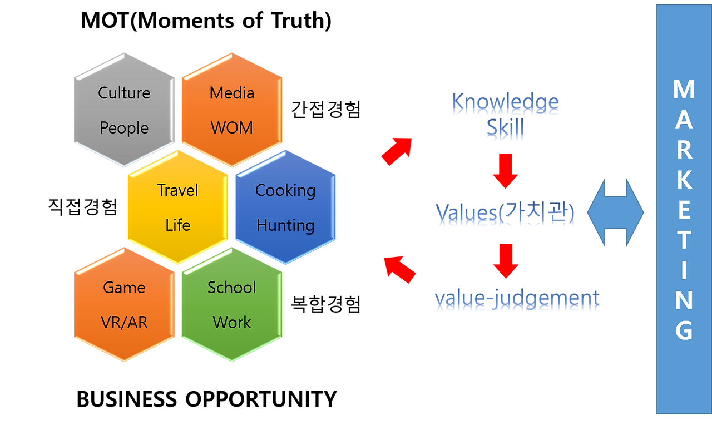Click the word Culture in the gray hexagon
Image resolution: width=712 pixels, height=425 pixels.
tap(124, 93)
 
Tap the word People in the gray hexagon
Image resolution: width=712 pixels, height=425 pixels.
tap(124, 129)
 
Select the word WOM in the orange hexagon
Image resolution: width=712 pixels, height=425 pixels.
tap(231, 128)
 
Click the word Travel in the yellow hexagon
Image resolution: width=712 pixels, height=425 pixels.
tap(177, 190)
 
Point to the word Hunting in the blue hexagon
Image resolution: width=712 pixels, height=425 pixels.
tap(285, 225)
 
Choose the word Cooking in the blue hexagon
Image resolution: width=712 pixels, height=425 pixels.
tap(285, 190)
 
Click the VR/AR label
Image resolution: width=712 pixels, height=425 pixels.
tap(124, 323)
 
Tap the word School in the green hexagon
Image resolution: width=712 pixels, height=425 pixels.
tap(231, 288)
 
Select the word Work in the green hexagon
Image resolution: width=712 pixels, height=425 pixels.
tap(231, 323)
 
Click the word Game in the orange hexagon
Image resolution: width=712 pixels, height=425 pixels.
tap(124, 288)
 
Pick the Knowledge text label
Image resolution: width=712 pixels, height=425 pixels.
tap(505, 103)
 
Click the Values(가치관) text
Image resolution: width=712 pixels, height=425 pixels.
tap(505, 214)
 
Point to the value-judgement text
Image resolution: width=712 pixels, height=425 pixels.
tap(517, 300)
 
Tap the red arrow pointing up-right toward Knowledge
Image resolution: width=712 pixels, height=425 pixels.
tap(397, 151)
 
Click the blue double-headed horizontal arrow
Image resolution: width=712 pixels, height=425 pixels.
tap(615, 212)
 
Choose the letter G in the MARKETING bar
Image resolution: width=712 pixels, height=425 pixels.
tap(684, 331)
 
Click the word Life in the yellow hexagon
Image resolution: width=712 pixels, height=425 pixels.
tap(177, 225)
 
